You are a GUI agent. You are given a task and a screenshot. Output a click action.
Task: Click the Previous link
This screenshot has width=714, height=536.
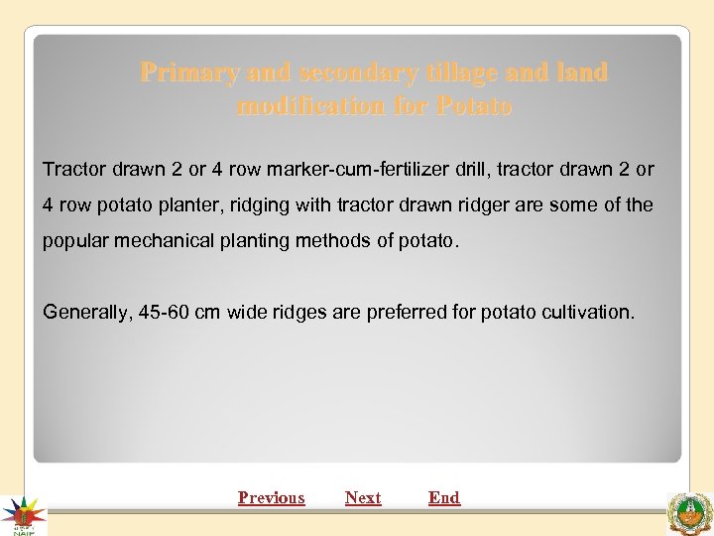[271, 497]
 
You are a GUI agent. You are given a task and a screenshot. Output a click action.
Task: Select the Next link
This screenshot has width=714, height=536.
[363, 497]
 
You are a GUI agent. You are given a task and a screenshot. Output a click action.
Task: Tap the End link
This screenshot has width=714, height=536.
[444, 497]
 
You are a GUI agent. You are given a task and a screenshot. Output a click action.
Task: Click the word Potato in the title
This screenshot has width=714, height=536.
[474, 105]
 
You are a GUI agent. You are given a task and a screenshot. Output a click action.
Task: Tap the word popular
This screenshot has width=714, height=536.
[71, 241]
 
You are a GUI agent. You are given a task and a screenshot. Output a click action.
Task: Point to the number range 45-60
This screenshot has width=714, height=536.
[161, 312]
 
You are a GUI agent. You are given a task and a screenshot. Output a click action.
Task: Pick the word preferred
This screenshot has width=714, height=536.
[407, 312]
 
